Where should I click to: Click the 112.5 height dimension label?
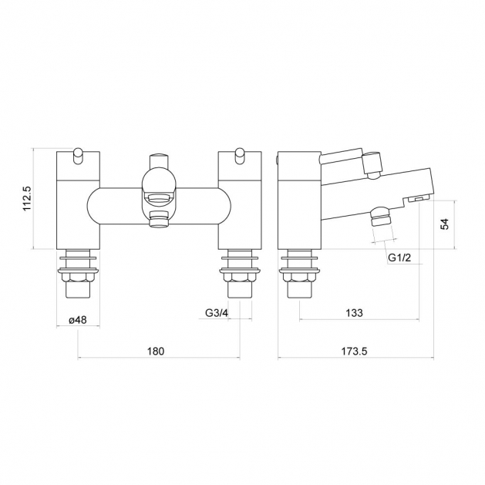pyautogui.click(x=27, y=198)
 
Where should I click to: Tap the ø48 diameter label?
pyautogui.click(x=78, y=320)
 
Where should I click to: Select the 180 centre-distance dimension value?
pyautogui.click(x=156, y=352)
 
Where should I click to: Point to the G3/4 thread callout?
pyautogui.click(x=217, y=313)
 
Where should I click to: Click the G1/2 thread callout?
pyautogui.click(x=399, y=258)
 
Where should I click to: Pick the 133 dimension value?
pyautogui.click(x=354, y=313)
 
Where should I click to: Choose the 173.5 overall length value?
pyautogui.click(x=354, y=352)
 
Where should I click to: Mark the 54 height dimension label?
pyautogui.click(x=444, y=224)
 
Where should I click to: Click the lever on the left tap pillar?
pyautogui.click(x=78, y=156)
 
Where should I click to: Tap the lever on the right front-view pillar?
pyautogui.click(x=239, y=156)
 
